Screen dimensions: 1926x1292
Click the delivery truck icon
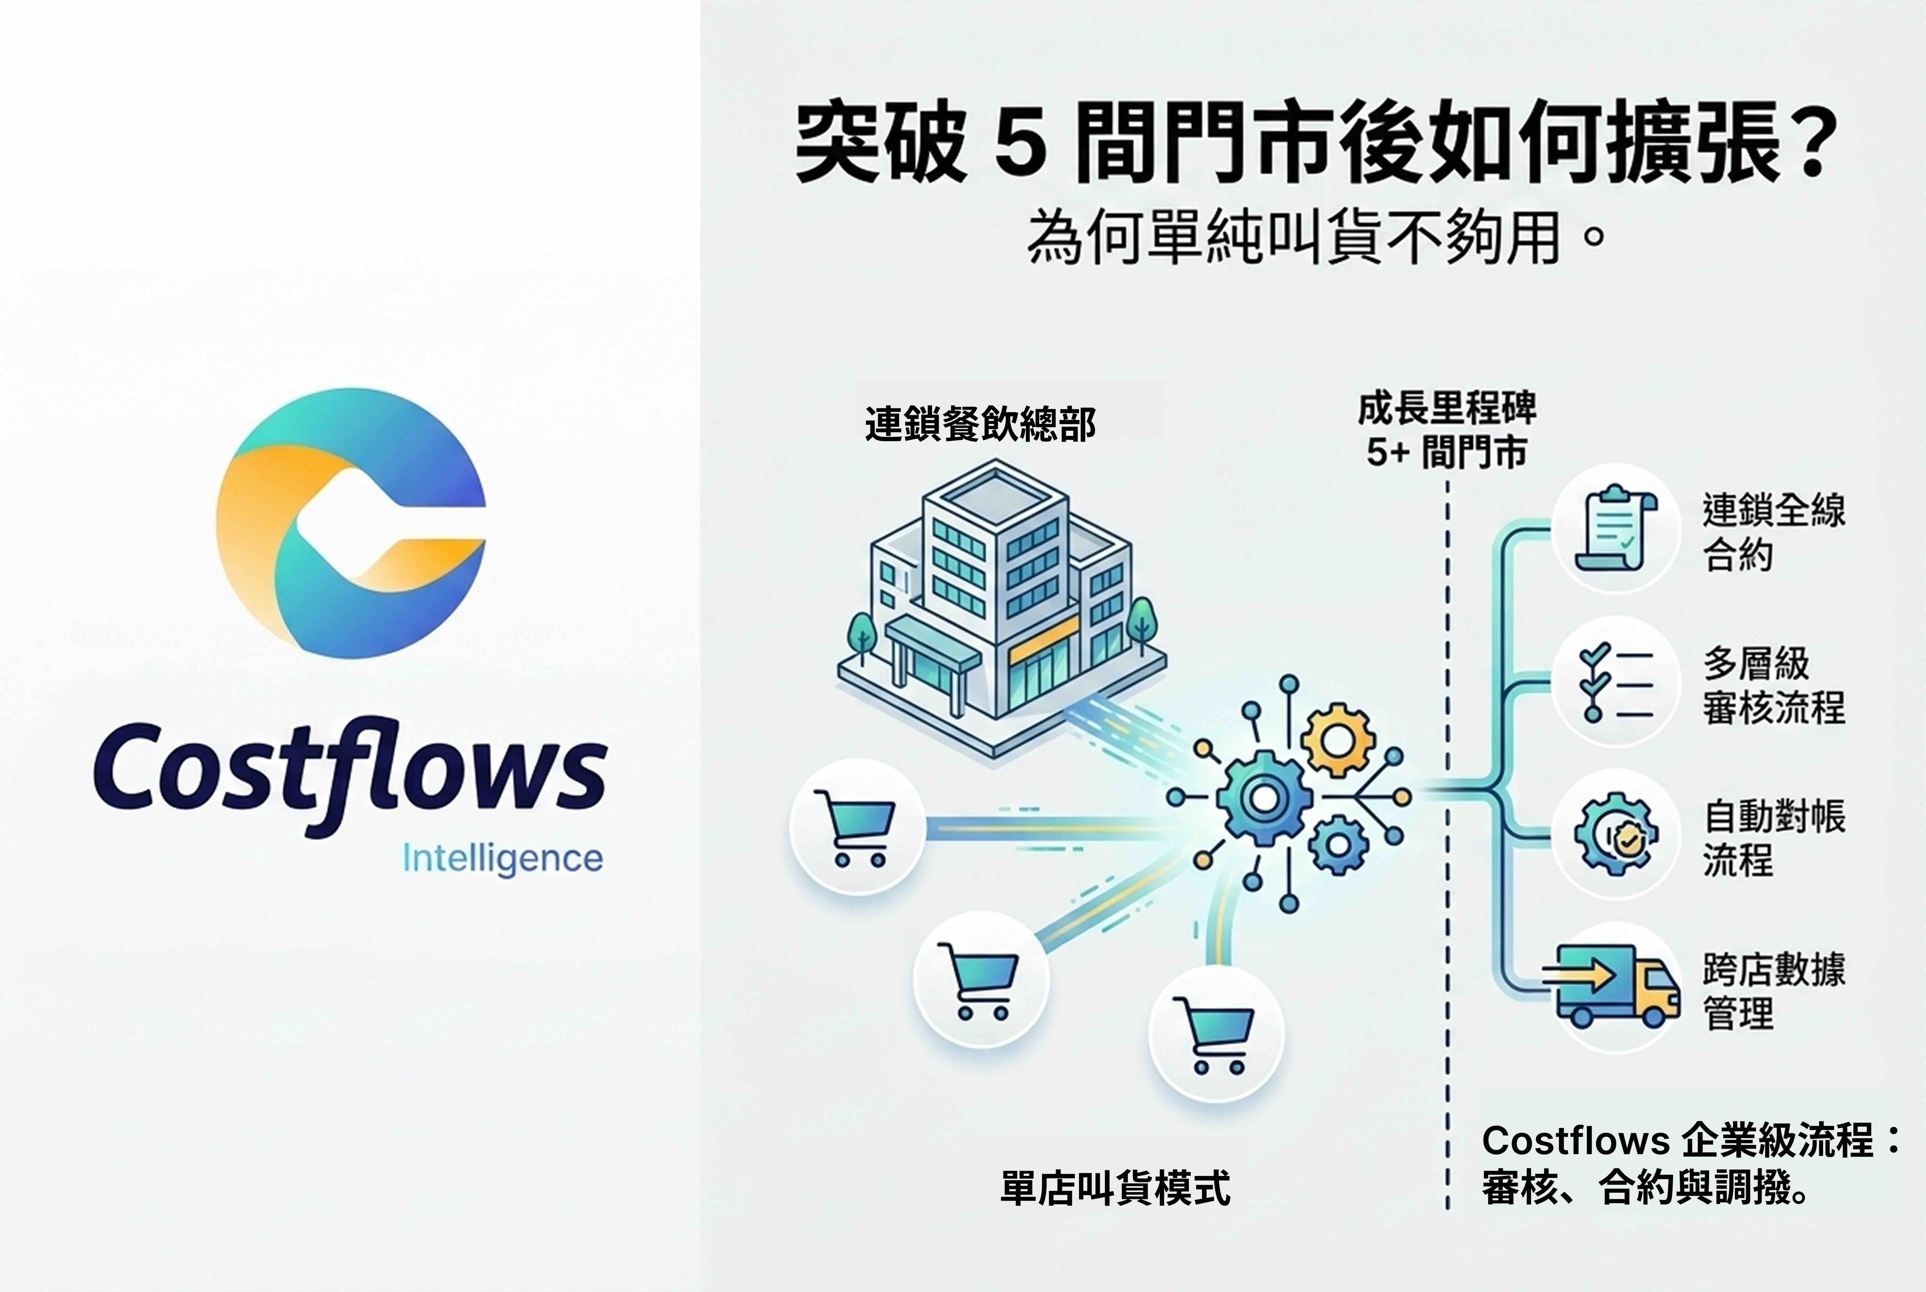click(x=1611, y=985)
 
